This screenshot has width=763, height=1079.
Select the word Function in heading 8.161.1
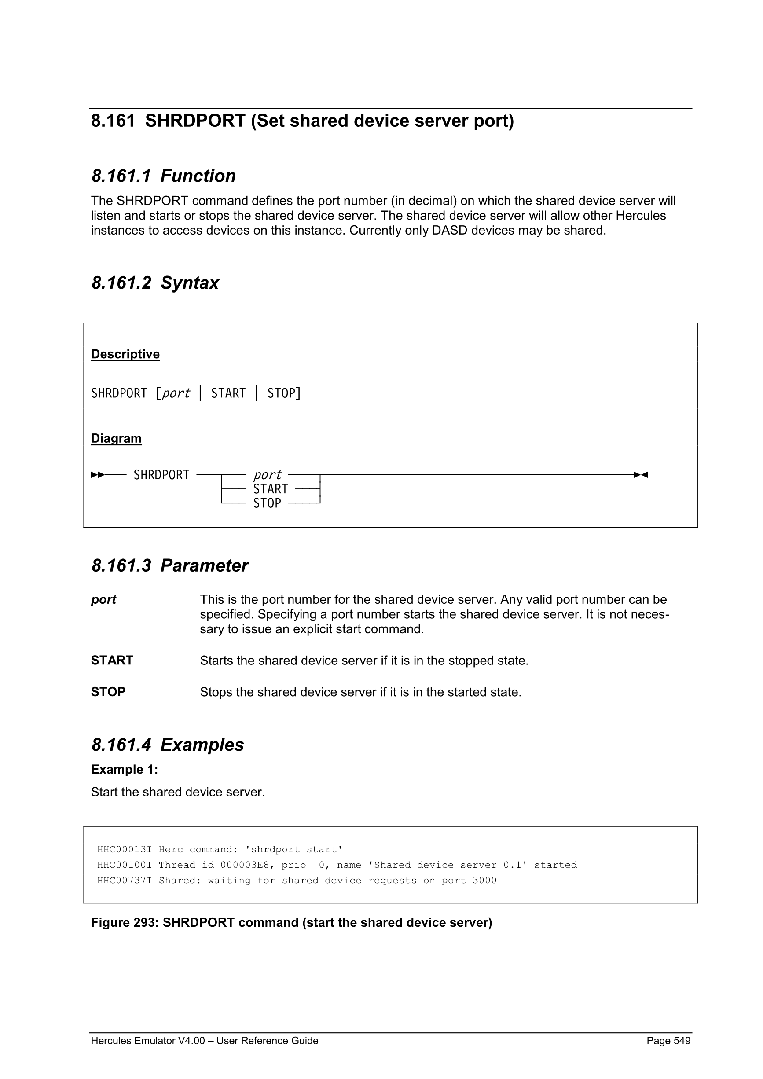coord(198,176)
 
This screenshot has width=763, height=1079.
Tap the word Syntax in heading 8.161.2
coord(190,283)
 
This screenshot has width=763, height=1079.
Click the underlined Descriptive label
coord(125,354)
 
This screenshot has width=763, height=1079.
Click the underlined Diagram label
coord(116,438)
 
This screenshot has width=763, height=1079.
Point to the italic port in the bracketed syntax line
coord(176,393)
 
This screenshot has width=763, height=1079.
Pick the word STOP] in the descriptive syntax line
coord(284,393)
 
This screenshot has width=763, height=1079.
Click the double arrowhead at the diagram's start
coord(98,475)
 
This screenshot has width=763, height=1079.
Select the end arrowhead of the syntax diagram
coord(641,475)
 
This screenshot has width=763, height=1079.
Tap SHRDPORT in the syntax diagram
coord(161,475)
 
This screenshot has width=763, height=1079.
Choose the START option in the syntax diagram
coord(270,489)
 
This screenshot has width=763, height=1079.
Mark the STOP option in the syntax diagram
coord(267,503)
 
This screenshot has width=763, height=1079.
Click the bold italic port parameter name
coord(103,600)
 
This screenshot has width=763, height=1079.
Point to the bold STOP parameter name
coord(108,692)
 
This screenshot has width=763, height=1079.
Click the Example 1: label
coord(125,769)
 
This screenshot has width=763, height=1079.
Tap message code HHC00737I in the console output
coord(125,880)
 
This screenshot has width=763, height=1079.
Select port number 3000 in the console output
coord(484,880)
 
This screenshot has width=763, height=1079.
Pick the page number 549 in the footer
coord(681,1040)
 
